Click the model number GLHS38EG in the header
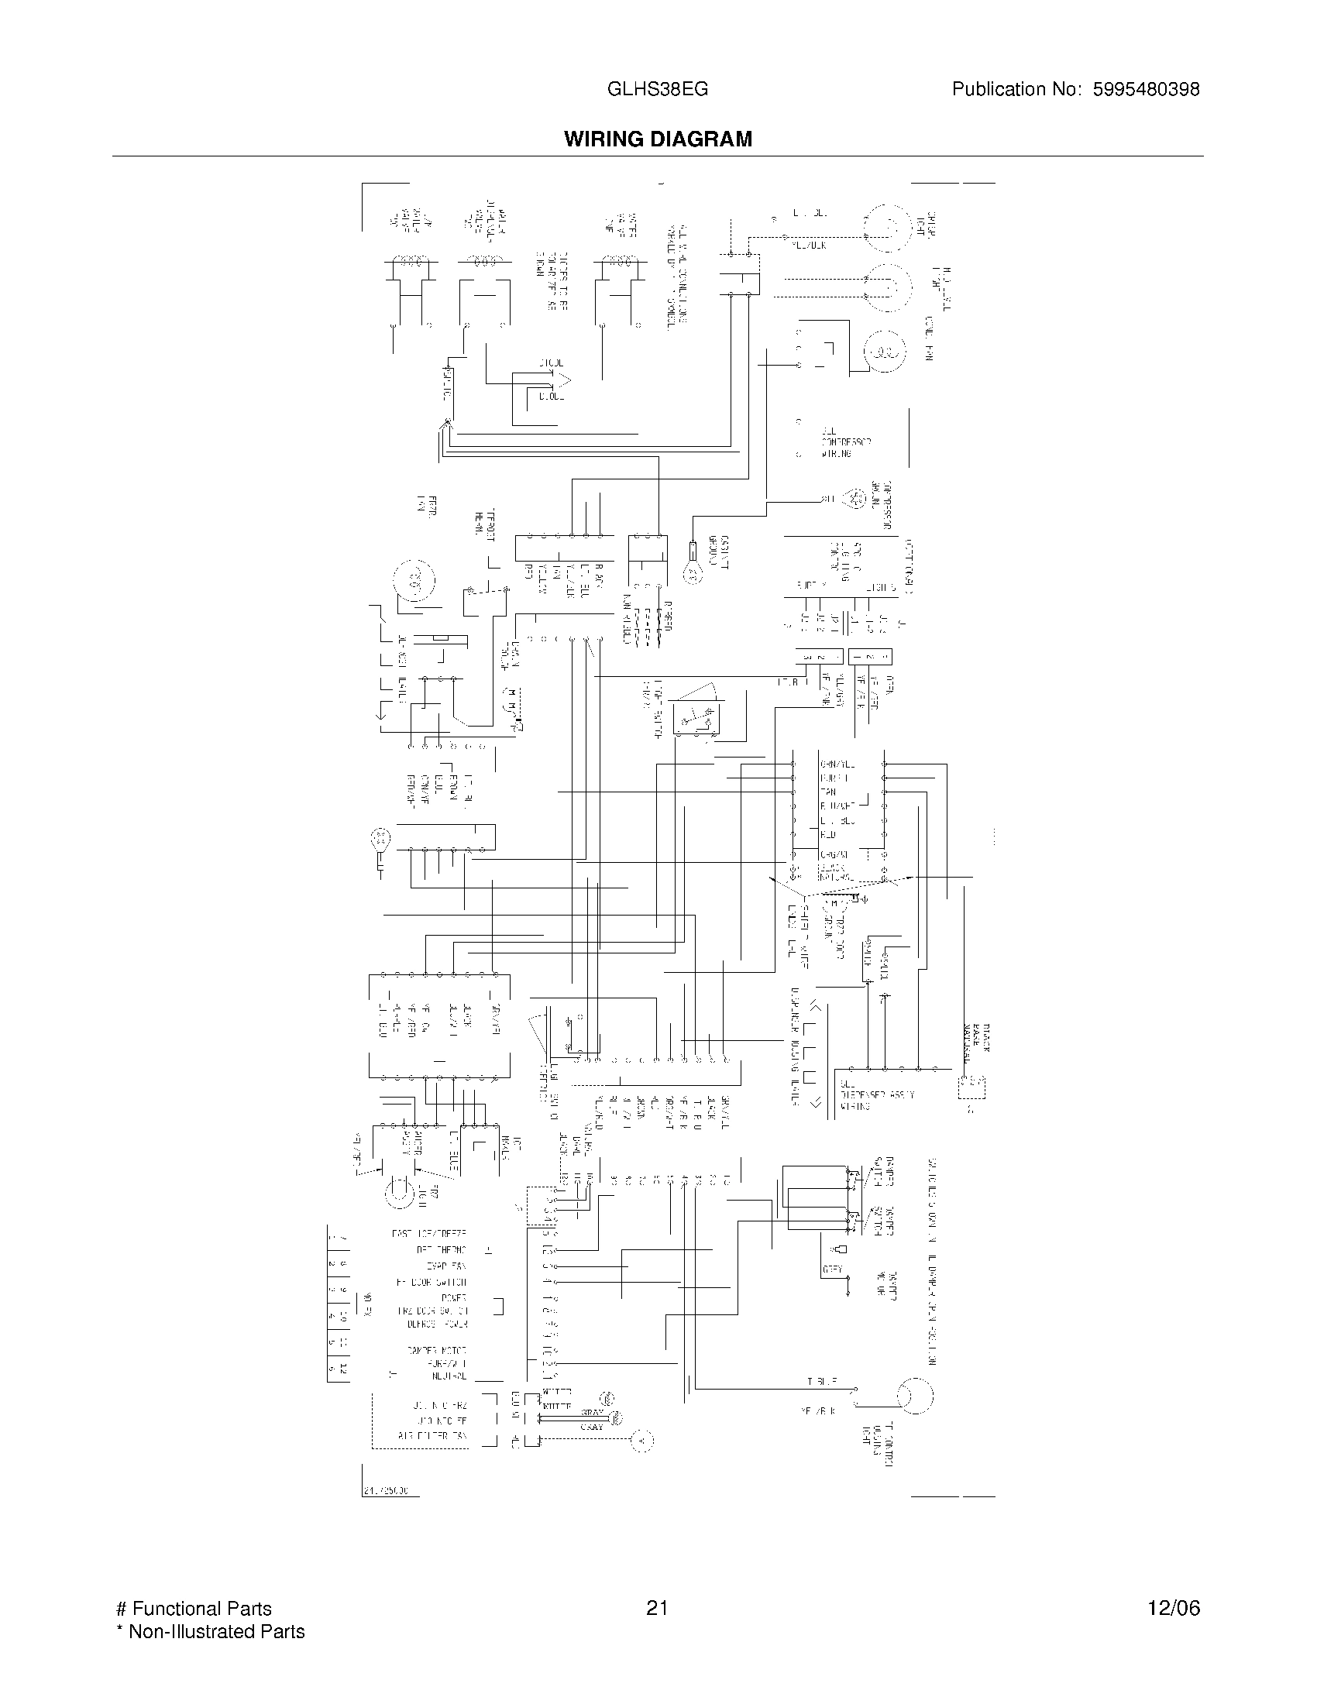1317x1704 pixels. click(x=657, y=89)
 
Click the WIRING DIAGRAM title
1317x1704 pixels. click(x=658, y=139)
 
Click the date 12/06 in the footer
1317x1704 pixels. click(x=1174, y=1608)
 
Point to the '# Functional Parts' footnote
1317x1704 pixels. click(x=194, y=1609)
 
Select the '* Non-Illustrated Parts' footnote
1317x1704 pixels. click(x=210, y=1631)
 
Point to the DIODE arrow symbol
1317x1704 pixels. click(x=562, y=381)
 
